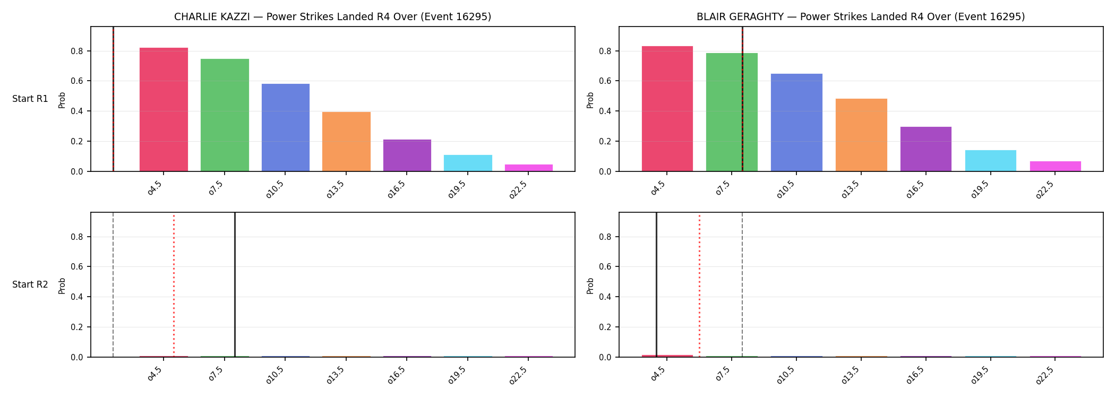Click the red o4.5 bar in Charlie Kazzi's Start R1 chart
pos(164,109)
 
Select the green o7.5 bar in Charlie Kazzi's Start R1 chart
pos(225,115)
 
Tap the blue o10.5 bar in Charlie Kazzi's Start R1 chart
pos(286,127)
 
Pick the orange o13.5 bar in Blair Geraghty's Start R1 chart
pos(861,135)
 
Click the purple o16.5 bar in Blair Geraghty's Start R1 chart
pos(926,149)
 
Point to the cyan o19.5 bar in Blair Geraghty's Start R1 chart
pos(991,161)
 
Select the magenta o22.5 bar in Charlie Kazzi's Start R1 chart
pos(529,168)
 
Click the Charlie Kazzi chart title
pos(333,17)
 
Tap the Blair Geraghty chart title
pos(861,17)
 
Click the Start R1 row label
pos(30,99)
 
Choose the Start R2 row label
pos(30,285)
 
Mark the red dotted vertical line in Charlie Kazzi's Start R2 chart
pos(174,285)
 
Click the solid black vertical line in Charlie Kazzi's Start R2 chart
pos(235,285)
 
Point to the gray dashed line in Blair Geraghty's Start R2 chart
pos(742,285)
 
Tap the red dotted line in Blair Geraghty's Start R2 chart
pos(699,285)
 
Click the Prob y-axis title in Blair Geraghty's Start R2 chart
pos(590,285)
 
